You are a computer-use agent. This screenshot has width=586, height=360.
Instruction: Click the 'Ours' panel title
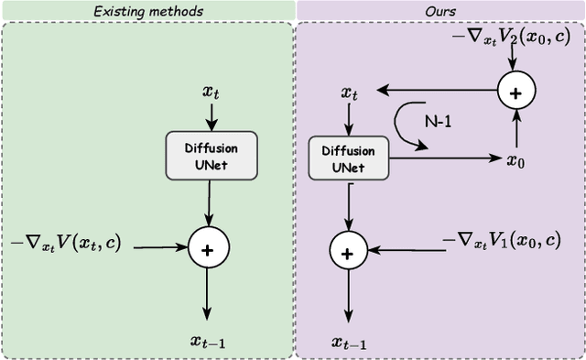[439, 10]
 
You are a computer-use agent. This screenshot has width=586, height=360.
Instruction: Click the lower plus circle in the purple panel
[347, 251]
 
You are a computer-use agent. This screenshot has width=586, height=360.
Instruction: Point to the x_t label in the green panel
[211, 93]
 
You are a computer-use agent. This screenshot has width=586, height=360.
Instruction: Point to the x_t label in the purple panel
[349, 93]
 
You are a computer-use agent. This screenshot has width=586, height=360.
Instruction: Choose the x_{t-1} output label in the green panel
[210, 341]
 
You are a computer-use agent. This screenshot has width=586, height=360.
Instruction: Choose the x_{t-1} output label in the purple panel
[348, 343]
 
